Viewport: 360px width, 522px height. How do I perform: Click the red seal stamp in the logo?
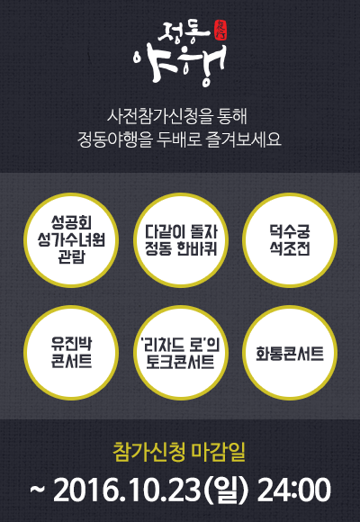[x=220, y=32]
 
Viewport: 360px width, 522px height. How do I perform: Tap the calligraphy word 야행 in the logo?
[x=180, y=65]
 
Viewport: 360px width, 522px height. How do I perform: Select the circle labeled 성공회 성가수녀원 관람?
[x=71, y=240]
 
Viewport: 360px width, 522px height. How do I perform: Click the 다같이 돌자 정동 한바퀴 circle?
[x=181, y=240]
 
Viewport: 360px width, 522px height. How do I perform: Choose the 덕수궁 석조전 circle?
[x=290, y=240]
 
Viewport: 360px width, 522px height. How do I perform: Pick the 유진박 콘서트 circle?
[x=71, y=353]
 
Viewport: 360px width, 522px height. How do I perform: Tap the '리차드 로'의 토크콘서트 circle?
[x=181, y=353]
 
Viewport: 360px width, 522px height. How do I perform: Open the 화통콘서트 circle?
[x=290, y=353]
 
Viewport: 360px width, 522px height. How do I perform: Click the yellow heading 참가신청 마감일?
[x=179, y=452]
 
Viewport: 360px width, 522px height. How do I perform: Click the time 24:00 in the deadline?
[x=294, y=490]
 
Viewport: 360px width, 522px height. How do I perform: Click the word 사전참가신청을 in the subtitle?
[x=152, y=117]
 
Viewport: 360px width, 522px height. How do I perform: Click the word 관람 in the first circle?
[x=71, y=256]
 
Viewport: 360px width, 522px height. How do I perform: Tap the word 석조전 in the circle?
[x=290, y=248]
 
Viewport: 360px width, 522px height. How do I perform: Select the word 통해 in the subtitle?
[x=233, y=117]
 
